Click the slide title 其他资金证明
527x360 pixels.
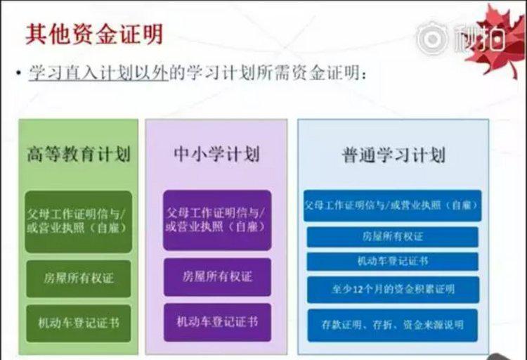click(94, 34)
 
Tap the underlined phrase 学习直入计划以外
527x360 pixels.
click(98, 74)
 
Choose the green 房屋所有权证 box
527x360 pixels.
click(79, 278)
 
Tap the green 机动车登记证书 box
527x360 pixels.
click(79, 323)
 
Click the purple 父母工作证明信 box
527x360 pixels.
click(216, 220)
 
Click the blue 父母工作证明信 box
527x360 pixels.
click(392, 206)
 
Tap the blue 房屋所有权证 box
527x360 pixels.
click(392, 237)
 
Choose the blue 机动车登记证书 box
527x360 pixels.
click(392, 261)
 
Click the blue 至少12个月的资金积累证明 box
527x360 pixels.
click(392, 289)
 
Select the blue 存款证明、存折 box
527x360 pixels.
click(392, 325)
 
